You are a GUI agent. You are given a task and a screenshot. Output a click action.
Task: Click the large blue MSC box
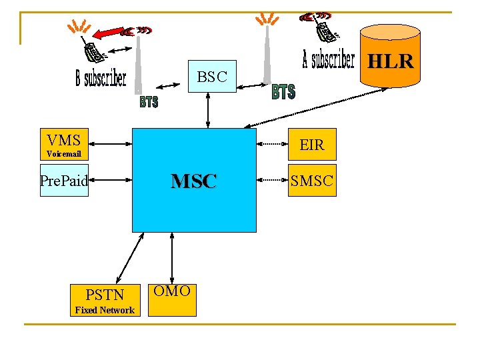pyautogui.click(x=194, y=180)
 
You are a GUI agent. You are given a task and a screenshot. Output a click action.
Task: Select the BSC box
pyautogui.click(x=212, y=77)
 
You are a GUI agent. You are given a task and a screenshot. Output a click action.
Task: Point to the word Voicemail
pyautogui.click(x=64, y=154)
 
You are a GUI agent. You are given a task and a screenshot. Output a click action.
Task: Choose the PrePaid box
pyautogui.click(x=64, y=180)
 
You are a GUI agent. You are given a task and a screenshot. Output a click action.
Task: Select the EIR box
pyautogui.click(x=311, y=145)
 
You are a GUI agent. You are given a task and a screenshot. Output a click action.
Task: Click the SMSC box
pyautogui.click(x=311, y=180)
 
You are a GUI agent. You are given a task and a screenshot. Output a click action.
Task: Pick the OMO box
pyautogui.click(x=172, y=299)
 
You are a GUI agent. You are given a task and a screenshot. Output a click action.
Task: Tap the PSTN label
pyautogui.click(x=105, y=294)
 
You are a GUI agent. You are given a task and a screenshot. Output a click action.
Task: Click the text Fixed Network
pyautogui.click(x=105, y=310)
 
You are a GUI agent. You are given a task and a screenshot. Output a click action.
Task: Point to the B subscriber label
pyautogui.click(x=100, y=79)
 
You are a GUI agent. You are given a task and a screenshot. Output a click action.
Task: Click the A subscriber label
pyautogui.click(x=328, y=60)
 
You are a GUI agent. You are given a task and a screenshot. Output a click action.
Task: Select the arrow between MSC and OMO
pyautogui.click(x=172, y=257)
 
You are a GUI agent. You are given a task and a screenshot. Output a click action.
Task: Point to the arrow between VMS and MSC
pyautogui.click(x=111, y=142)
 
